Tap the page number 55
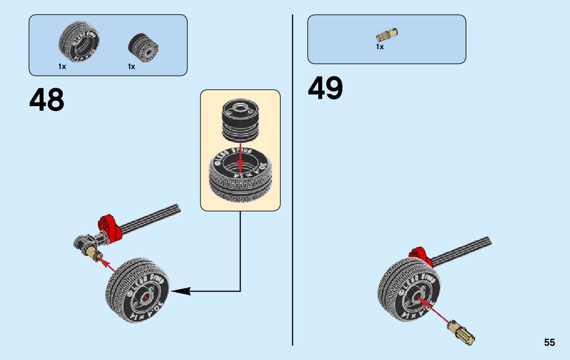tap(549, 343)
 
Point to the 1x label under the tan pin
tap(380, 47)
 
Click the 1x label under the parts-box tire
tap(62, 67)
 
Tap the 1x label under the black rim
tap(131, 67)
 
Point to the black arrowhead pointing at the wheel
tap(181, 291)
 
